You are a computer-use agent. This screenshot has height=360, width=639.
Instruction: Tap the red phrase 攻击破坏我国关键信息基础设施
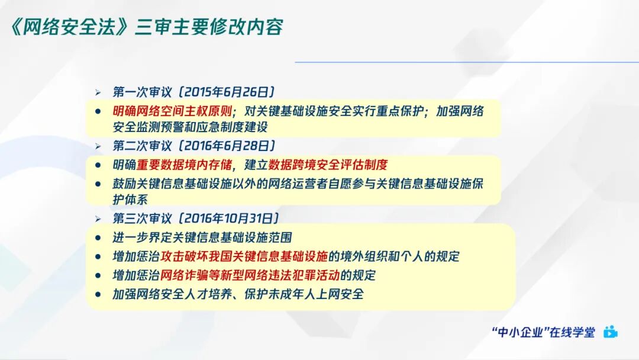243,256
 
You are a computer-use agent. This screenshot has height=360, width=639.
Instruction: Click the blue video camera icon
610,332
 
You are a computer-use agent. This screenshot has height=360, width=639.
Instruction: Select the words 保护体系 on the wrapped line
130,200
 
